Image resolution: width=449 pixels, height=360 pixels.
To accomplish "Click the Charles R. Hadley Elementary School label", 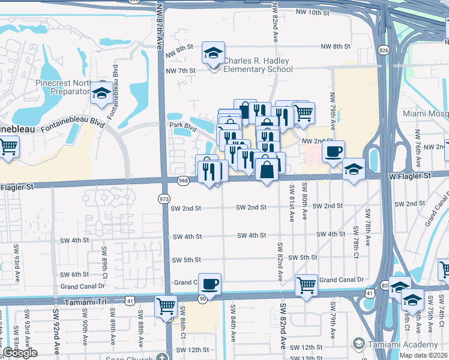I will click(257, 65).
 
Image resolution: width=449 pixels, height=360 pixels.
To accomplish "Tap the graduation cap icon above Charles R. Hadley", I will click(213, 53).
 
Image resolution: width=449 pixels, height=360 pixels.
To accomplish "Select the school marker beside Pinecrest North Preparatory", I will click(101, 93).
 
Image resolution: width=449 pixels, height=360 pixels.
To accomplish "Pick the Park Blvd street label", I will click(182, 127).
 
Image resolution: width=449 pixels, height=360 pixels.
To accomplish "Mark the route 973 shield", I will click(163, 198).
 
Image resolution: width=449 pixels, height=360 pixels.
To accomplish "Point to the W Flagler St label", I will click(410, 176).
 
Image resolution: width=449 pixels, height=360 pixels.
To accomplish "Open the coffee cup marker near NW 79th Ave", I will click(333, 151).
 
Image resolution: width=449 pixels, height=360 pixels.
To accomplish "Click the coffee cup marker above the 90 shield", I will click(209, 284).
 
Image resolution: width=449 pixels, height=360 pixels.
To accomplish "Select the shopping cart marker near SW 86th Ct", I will click(166, 307).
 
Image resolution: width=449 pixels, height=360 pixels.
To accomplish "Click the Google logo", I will click(20, 353).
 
